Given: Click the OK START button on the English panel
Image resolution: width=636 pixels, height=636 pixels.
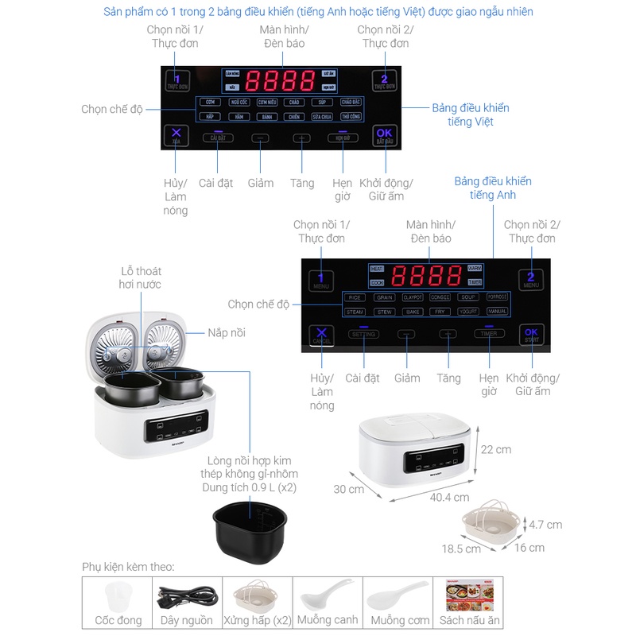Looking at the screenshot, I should point(532,335).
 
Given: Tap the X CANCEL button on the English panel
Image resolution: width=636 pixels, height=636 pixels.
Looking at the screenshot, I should point(321,335).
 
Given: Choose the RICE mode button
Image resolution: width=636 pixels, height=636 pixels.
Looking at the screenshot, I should point(355,297).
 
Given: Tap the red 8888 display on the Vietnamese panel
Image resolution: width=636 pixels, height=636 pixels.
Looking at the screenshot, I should point(281,80).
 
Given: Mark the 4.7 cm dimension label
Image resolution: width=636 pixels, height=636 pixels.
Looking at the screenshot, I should point(545,525).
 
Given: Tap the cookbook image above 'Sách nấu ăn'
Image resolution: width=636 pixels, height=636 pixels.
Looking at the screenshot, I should point(471,595).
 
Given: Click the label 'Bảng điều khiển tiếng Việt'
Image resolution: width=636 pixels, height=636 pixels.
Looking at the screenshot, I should point(471,114).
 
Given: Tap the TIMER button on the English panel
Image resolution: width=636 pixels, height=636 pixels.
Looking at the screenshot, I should point(489,334).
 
